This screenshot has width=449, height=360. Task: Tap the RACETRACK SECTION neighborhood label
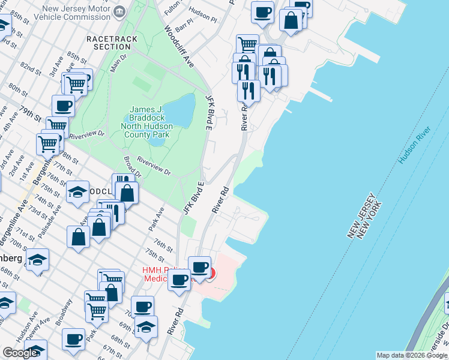112,43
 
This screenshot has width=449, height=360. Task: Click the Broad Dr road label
133,167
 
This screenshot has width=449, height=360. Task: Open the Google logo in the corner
20,353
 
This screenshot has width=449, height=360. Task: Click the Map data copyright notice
412,355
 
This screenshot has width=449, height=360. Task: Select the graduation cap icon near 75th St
77,192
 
